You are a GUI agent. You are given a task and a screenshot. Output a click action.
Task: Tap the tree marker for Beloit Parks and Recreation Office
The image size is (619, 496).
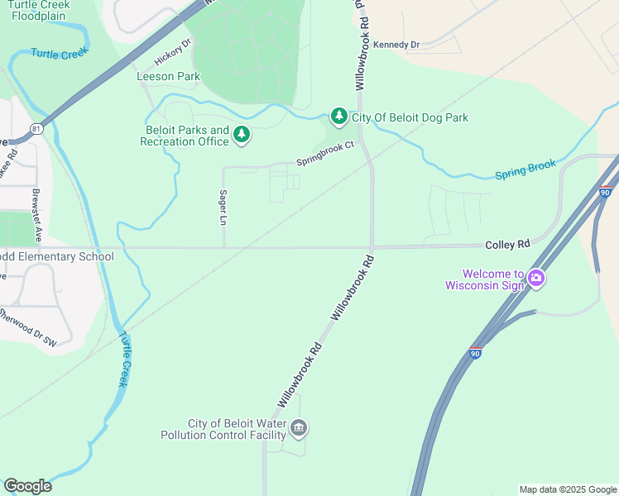[242, 134]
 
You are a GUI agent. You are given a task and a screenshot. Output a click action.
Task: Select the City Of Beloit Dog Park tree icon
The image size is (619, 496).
[338, 117]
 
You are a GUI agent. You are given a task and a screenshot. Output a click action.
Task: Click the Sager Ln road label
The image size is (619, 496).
[223, 208]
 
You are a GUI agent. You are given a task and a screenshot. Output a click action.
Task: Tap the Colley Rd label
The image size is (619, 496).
[507, 245]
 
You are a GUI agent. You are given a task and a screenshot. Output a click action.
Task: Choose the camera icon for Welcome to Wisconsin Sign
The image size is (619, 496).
[536, 278]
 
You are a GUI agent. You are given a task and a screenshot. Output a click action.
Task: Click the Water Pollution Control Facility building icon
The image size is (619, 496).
[300, 428]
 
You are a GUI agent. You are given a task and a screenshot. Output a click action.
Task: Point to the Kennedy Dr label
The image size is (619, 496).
[396, 45]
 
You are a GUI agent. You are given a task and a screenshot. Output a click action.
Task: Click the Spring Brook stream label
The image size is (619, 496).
[525, 170]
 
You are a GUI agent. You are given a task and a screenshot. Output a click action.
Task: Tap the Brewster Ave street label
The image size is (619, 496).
[36, 215]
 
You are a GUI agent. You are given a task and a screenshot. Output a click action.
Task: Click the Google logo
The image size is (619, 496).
[27, 486]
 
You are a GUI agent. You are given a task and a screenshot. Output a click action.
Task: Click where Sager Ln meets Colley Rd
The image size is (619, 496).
[224, 246]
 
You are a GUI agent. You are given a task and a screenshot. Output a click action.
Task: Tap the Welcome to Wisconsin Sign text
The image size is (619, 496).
[485, 280]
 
